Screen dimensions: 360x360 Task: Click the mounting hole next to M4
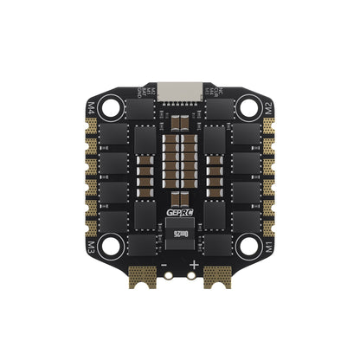[x=112, y=108]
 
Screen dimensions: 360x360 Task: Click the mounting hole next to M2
[x=248, y=108]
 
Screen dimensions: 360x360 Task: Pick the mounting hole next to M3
[x=112, y=247]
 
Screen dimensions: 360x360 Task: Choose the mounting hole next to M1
[x=248, y=247]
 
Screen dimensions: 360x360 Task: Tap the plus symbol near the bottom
[x=194, y=265]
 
